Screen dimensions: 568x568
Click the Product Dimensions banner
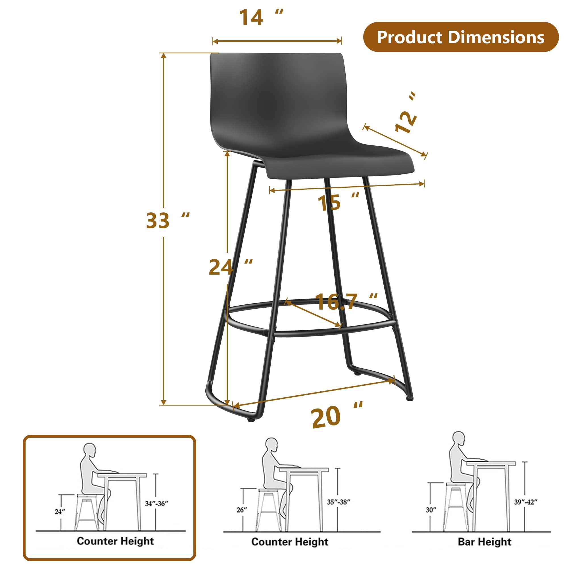(x=461, y=37)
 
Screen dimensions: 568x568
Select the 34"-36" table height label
(x=156, y=503)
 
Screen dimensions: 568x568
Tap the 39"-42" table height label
(x=526, y=502)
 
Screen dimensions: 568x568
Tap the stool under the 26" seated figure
(x=269, y=509)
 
